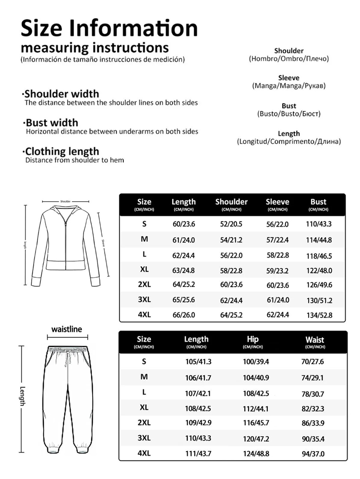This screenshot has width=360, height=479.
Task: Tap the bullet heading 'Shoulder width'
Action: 62,94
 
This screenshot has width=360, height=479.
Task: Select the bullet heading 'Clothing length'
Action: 62,151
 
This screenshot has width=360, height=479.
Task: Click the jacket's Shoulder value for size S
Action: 231,224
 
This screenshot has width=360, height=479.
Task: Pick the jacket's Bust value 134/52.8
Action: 319,315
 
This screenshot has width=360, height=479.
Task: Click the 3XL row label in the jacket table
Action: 144,299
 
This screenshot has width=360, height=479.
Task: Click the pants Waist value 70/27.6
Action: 313,362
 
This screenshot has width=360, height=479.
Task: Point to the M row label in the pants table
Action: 144,377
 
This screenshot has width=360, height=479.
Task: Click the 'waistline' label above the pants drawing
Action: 67,329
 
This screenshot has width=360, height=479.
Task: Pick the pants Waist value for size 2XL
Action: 313,423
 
